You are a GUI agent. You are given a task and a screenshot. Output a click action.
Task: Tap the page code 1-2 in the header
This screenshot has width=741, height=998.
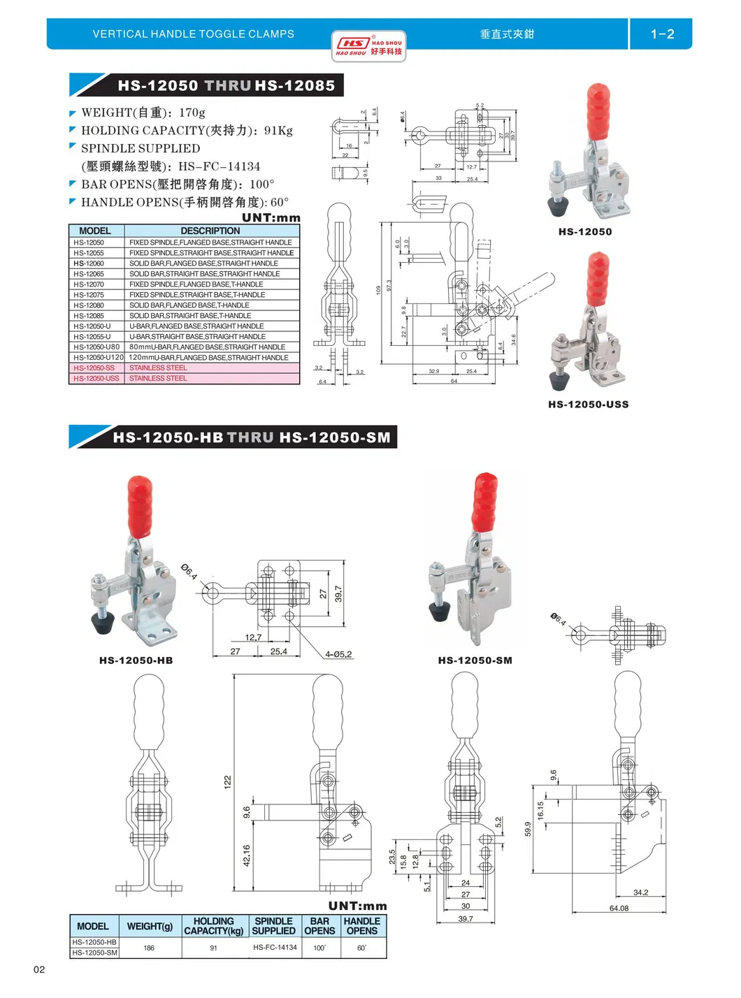coord(661,34)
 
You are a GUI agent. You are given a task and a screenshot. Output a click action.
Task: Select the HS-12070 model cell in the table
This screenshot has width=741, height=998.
coord(89,284)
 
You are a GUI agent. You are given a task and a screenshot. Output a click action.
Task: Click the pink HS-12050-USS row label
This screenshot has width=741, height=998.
coord(96,379)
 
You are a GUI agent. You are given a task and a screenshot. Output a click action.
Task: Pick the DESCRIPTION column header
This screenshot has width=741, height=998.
coord(210,231)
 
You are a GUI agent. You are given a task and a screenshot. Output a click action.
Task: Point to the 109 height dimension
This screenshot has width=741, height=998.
coord(379,289)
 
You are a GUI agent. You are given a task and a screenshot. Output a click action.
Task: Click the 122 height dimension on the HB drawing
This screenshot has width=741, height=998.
coord(227,782)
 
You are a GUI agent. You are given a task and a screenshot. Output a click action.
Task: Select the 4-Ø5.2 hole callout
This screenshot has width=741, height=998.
coord(338,655)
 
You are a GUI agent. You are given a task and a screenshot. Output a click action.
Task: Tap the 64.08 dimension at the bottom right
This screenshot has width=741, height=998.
coord(619,909)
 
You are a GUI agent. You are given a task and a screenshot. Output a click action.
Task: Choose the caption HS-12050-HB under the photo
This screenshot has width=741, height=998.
coord(136,660)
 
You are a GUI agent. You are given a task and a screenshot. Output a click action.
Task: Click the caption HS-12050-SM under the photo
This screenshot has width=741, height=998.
coord(475,660)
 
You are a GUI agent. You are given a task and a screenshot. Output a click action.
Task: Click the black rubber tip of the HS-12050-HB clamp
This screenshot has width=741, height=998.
coord(103,622)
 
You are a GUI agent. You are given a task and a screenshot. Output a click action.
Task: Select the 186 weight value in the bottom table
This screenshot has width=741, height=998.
coord(149,948)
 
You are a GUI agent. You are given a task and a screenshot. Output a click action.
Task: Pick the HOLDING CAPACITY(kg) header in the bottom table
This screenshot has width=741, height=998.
coord(213,926)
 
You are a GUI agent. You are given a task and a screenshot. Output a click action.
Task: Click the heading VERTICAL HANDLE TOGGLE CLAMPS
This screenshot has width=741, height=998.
coord(194,34)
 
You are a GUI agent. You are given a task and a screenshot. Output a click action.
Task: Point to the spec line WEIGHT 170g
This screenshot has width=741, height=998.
coord(143,113)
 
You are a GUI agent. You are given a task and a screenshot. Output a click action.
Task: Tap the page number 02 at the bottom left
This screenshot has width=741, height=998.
coord(39,969)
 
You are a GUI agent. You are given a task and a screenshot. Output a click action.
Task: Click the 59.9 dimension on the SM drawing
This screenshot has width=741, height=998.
coord(528,828)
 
